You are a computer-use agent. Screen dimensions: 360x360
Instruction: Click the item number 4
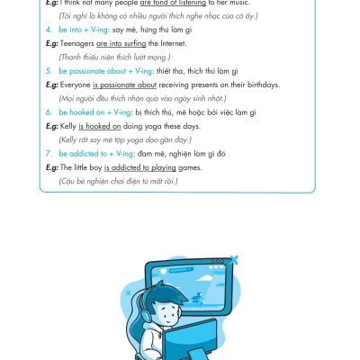[49, 30]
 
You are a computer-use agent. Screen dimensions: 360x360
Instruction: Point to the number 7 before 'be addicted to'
[49, 154]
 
